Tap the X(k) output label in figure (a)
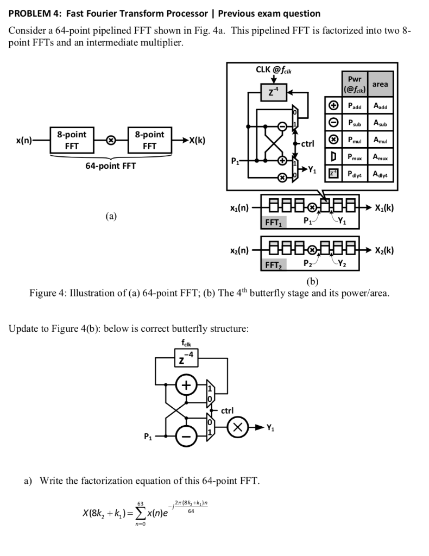coord(196,140)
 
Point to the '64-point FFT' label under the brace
coord(111,166)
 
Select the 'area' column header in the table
coord(380,84)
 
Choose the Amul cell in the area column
coord(380,140)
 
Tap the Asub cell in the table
coord(380,122)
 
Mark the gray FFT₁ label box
coord(273,222)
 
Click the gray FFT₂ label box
coord(273,265)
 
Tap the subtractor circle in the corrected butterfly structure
coord(186,436)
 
